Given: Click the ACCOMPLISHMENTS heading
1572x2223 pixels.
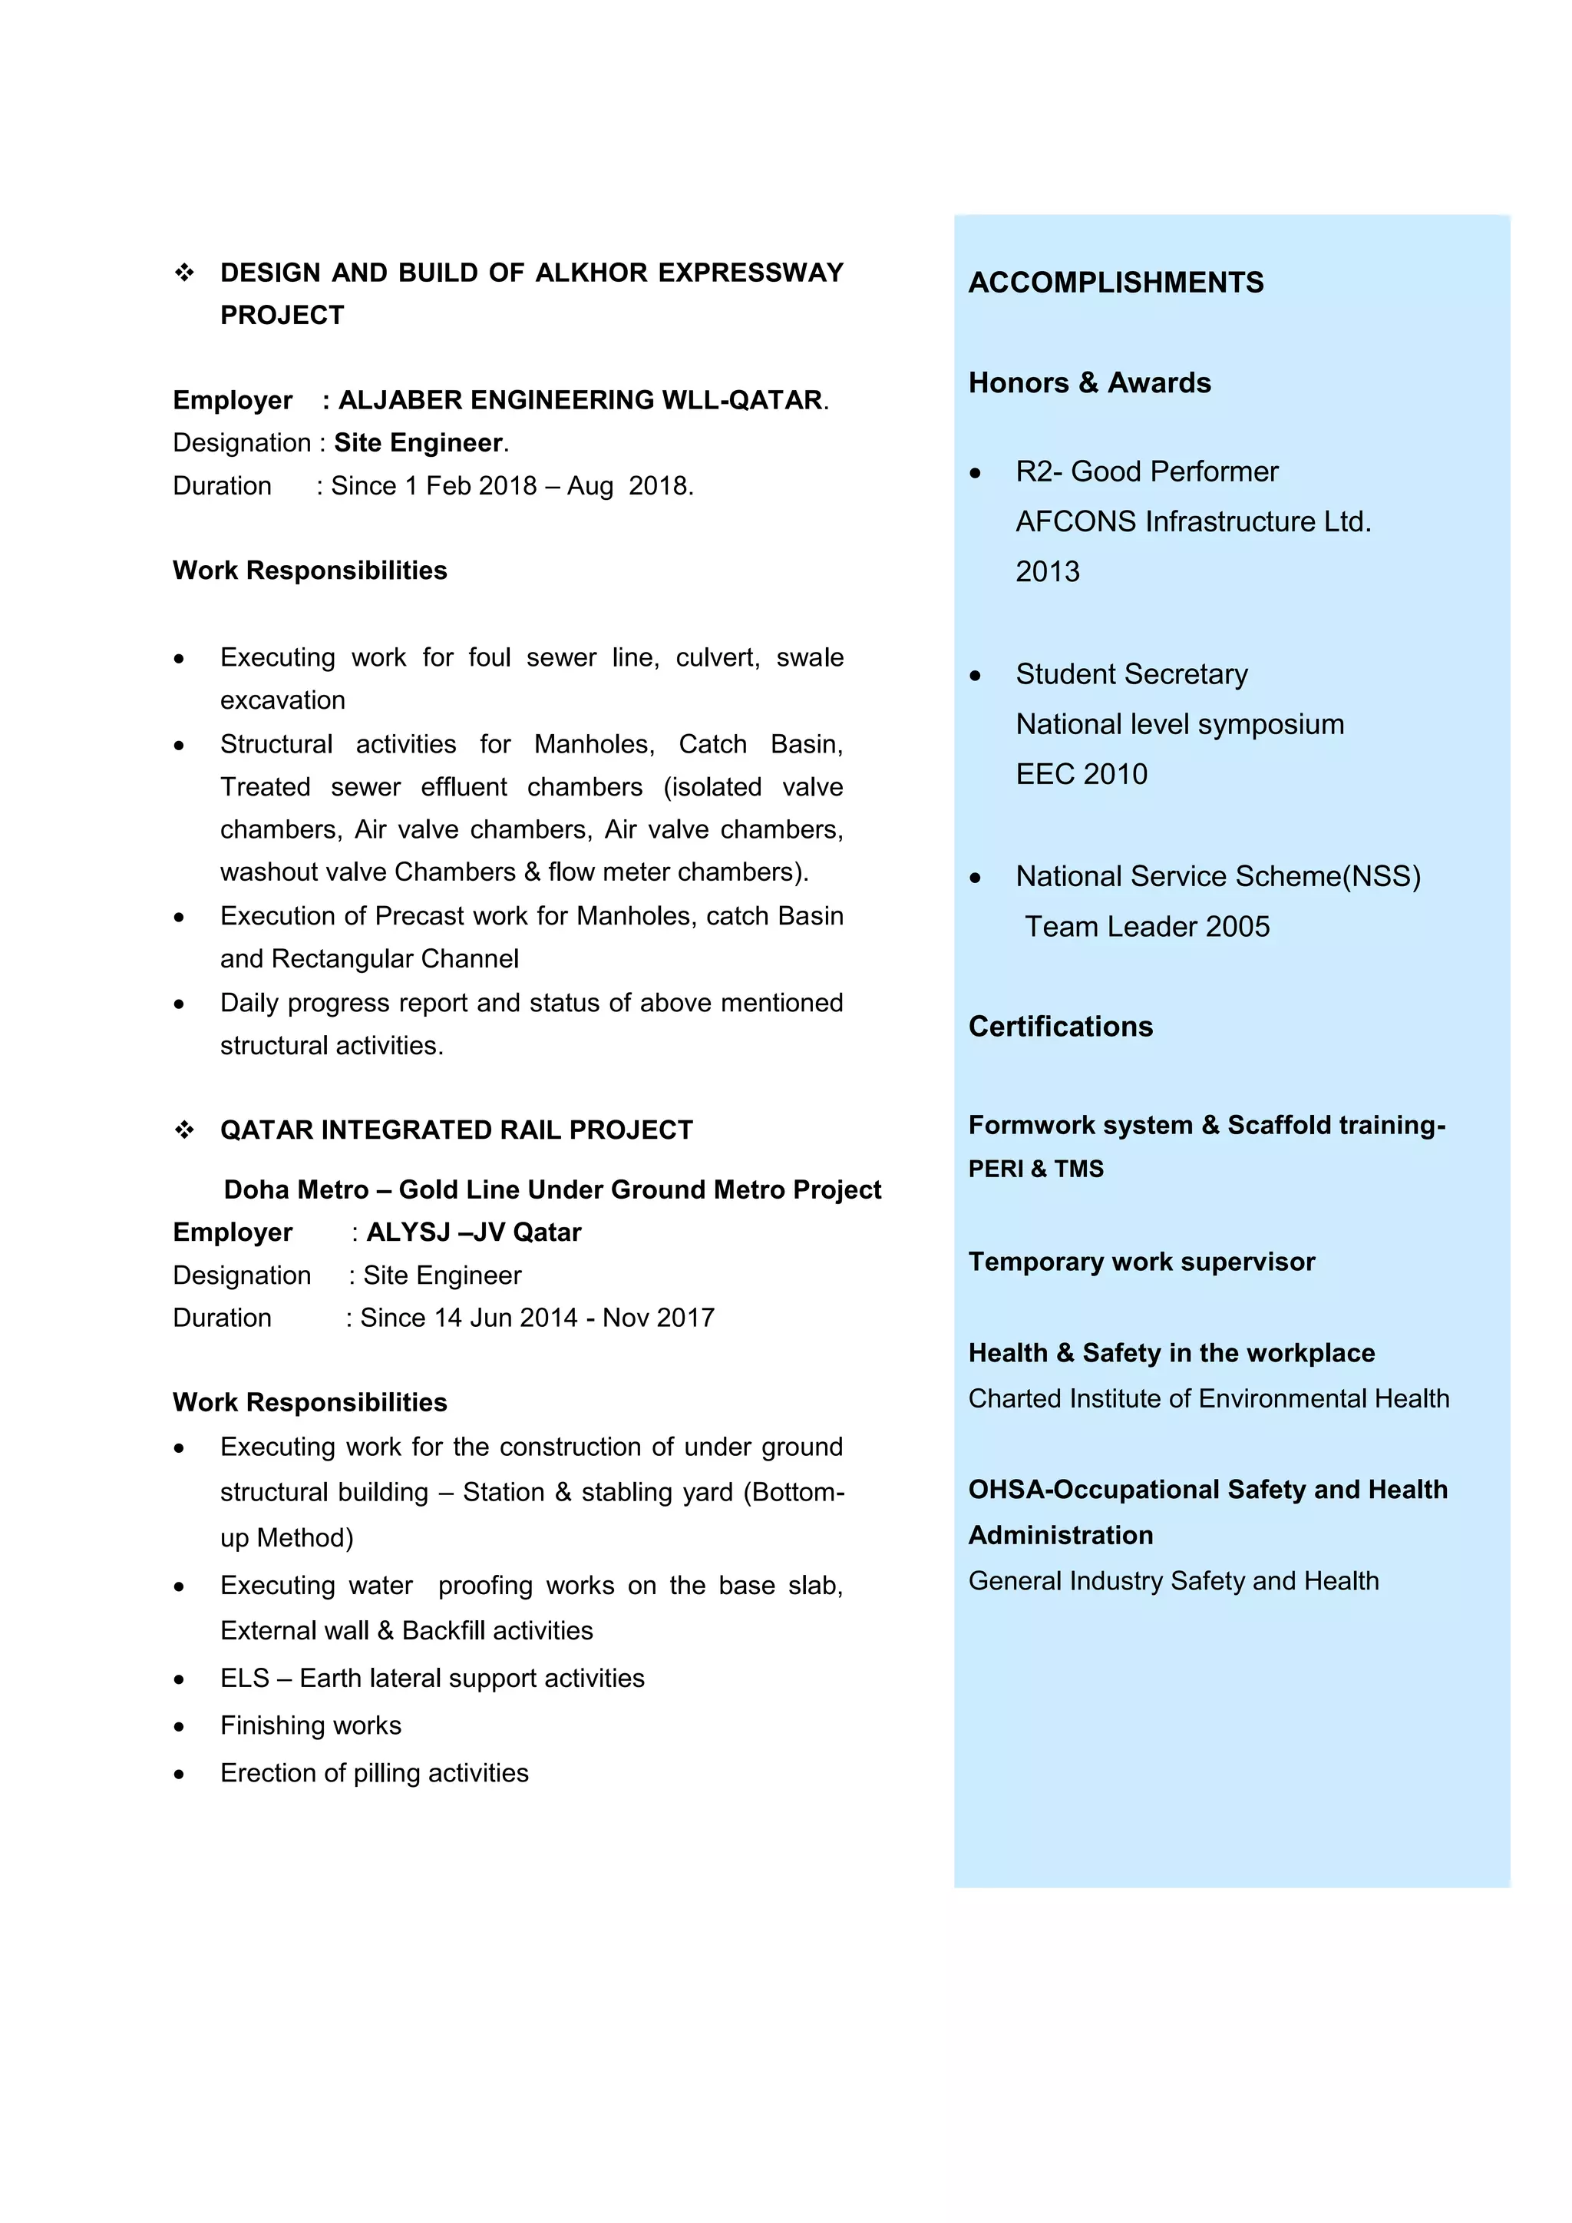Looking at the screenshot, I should [x=1115, y=283].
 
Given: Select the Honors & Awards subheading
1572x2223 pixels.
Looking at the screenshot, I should [x=1089, y=383].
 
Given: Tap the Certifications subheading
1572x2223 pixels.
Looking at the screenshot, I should [x=1060, y=1027].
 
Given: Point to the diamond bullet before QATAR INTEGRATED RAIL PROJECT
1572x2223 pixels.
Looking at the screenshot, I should [x=184, y=1130].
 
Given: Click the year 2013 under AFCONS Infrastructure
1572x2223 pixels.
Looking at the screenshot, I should [x=1046, y=571].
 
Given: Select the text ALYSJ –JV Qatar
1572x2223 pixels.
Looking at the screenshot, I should [x=474, y=1232].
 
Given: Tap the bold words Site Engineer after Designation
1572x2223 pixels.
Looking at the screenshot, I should [x=418, y=443].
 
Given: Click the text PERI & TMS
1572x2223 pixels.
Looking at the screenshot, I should [x=1035, y=1169].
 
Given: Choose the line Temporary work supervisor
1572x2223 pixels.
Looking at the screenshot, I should [x=1141, y=1262].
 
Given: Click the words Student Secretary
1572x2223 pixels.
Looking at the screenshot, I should [x=1131, y=674].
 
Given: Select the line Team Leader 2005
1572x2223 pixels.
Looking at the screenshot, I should [x=1146, y=927].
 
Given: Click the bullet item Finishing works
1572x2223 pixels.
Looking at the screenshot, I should [x=310, y=1725].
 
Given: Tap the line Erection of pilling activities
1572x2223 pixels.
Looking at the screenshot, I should [x=374, y=1773].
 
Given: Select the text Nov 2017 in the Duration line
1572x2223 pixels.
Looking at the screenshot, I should [x=659, y=1318].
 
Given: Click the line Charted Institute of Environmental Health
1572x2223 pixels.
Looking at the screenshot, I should [x=1208, y=1399].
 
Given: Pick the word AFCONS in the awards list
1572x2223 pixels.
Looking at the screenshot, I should [x=1075, y=522].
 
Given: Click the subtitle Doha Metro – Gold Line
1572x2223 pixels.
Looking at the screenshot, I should [x=552, y=1190].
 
